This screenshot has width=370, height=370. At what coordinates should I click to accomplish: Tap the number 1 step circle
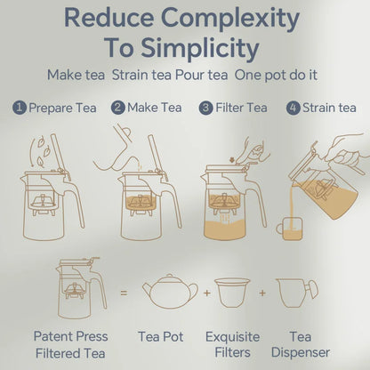[19, 108]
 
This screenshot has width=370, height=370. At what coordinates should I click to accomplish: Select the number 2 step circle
[117, 108]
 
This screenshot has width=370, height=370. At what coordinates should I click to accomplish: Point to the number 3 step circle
[205, 108]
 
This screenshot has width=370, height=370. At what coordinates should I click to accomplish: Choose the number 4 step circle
[293, 108]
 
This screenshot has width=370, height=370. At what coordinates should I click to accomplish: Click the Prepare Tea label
[62, 108]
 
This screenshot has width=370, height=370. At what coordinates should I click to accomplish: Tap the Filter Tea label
[245, 108]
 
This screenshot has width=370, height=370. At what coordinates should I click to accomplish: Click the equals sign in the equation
[123, 291]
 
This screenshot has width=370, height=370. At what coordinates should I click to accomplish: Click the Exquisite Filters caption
[232, 344]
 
